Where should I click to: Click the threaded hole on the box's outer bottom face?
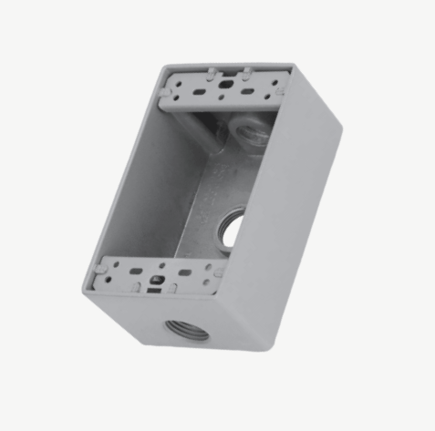point(185,329)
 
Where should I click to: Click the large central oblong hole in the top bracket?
point(223,86)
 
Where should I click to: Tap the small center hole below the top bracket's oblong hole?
point(220,99)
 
